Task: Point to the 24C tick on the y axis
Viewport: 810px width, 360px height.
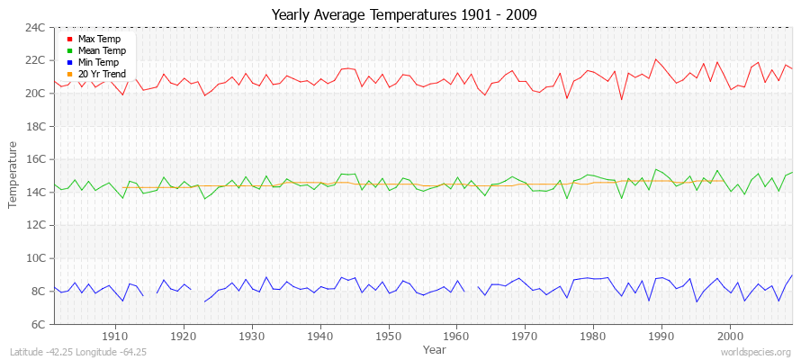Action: [35, 27]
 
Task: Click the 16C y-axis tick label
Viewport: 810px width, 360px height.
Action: [35, 159]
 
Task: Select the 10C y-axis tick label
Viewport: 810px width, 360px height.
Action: [35, 258]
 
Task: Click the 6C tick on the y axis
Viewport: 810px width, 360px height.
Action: [38, 324]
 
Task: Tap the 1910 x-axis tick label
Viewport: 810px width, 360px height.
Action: [114, 336]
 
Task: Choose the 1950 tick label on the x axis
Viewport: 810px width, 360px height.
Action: [388, 336]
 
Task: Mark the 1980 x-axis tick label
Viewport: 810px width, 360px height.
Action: [593, 336]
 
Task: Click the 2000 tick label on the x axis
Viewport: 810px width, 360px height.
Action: [730, 336]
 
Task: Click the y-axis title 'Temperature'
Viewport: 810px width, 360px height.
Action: [13, 175]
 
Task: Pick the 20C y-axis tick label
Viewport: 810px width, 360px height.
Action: [35, 94]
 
